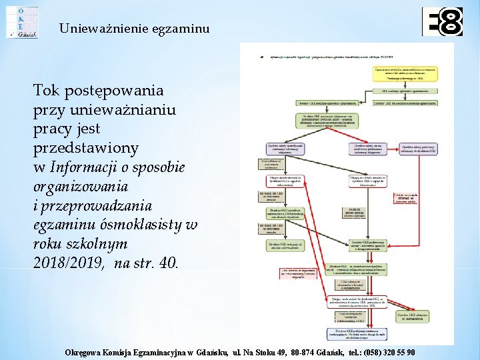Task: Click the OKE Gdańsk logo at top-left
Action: coord(22,21)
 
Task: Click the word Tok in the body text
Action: coord(47,91)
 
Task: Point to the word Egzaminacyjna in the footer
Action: coord(174,353)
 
